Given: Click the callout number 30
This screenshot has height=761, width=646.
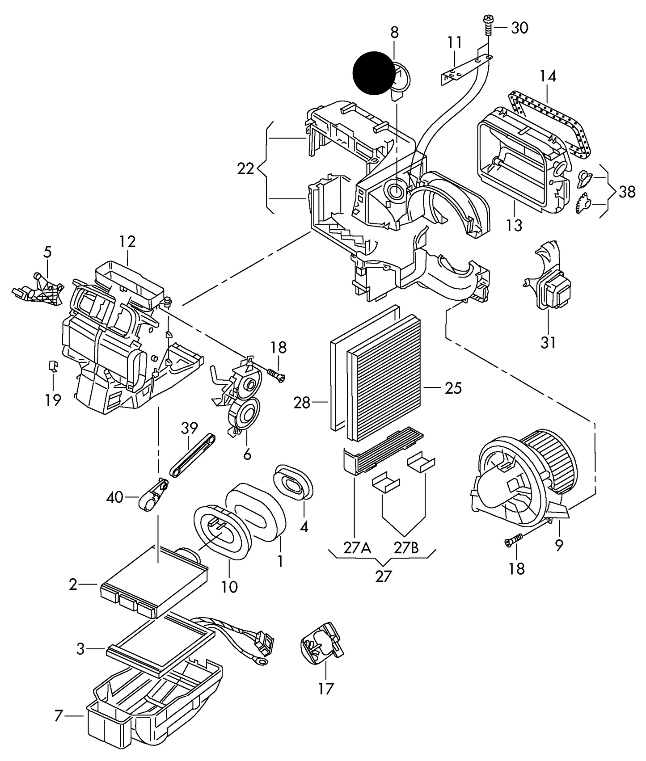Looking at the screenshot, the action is [519, 28].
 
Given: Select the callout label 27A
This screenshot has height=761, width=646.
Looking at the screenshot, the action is [357, 548].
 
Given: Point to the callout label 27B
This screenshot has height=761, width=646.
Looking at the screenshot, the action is [406, 548].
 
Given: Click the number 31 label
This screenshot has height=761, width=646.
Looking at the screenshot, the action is [548, 342].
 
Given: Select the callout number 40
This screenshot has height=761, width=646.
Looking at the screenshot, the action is [115, 496].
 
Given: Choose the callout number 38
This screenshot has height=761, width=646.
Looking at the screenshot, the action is [627, 192].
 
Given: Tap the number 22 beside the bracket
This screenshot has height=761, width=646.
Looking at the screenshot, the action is [245, 169].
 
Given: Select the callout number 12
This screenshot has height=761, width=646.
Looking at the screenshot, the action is [127, 242].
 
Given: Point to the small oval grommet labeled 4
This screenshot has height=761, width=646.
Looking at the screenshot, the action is [293, 482].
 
